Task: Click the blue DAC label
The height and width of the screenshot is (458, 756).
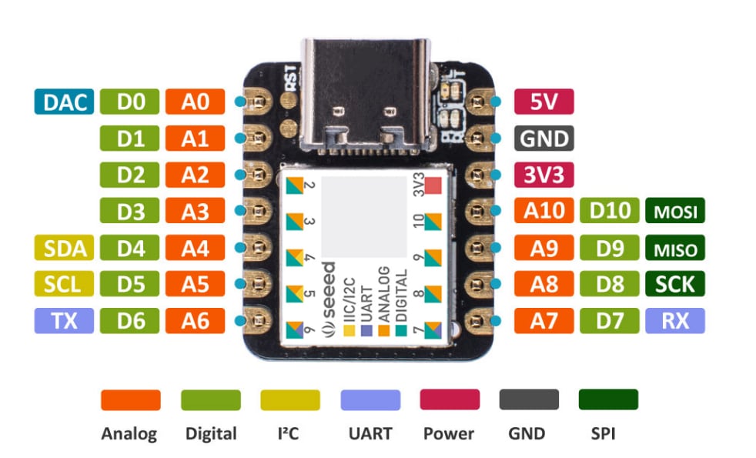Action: click(64, 102)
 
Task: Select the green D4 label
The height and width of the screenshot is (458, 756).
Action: click(130, 248)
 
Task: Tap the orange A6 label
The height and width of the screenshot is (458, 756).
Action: click(195, 320)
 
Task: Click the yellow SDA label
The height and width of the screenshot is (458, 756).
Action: click(64, 248)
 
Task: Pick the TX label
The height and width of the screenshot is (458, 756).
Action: click(64, 320)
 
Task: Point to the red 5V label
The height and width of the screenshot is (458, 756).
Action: click(543, 102)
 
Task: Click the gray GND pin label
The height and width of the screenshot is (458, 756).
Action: click(543, 139)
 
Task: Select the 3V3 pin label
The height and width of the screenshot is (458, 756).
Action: click(543, 174)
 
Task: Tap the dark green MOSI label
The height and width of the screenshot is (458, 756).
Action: click(674, 211)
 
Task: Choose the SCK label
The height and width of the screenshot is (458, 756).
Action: click(674, 284)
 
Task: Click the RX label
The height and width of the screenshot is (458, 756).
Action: click(674, 320)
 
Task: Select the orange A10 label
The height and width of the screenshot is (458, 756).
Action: click(543, 211)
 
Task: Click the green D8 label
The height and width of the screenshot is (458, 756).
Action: click(609, 284)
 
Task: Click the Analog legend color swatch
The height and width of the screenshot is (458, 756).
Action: click(130, 399)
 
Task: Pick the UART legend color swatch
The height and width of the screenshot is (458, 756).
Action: click(370, 399)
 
